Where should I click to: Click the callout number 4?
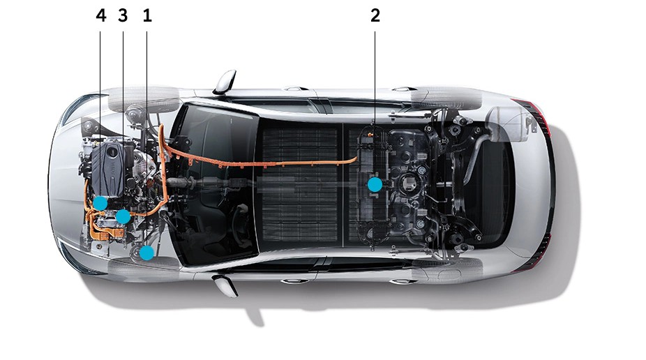[x=101, y=15]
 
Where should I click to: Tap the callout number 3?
[x=123, y=15]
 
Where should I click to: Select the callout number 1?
[x=147, y=15]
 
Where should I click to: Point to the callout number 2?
[x=375, y=15]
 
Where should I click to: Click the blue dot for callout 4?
[x=100, y=202]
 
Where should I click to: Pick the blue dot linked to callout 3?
[x=123, y=216]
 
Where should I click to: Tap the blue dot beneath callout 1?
[x=147, y=253]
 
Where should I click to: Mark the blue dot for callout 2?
[x=375, y=184]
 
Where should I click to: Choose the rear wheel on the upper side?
[x=446, y=98]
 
